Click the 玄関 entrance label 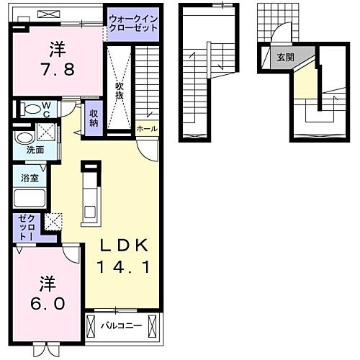[x=284, y=57]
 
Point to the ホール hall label [x=148, y=128]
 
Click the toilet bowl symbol [x=30, y=109]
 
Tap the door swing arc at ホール [x=147, y=148]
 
